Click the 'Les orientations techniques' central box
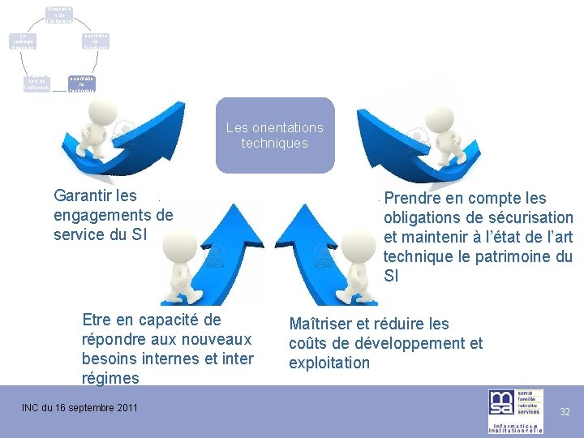(x=274, y=135)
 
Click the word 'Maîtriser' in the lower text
(x=321, y=324)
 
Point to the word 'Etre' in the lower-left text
(x=97, y=320)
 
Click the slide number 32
(x=565, y=411)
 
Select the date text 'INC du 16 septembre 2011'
(x=79, y=407)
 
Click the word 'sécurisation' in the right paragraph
(x=530, y=218)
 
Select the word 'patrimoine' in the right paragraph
(x=509, y=257)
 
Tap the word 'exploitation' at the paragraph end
(x=328, y=363)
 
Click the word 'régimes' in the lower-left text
(x=110, y=378)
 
